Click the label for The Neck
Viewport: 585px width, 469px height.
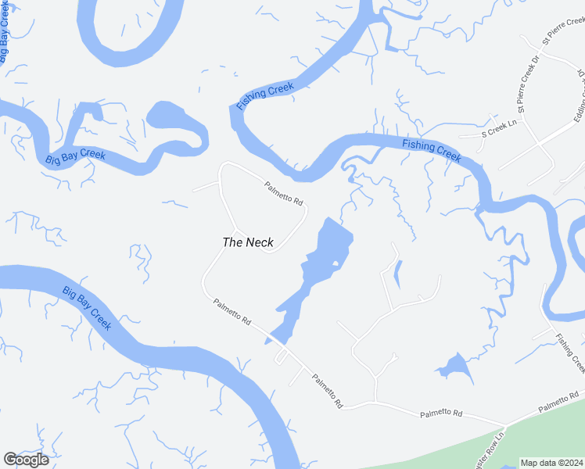(248, 242)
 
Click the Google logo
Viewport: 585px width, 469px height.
(26, 460)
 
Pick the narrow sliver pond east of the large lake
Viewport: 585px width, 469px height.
(397, 274)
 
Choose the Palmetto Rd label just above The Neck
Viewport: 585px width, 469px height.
(283, 193)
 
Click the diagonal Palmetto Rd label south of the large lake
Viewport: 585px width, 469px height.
(327, 390)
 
